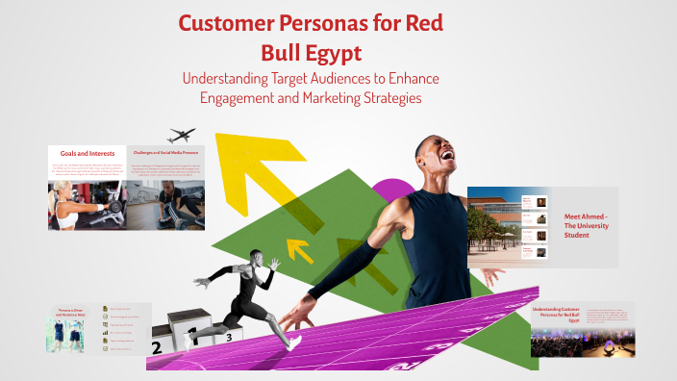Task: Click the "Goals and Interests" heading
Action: pos(87,153)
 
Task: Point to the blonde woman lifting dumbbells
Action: pos(69,205)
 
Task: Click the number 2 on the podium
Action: pos(156,348)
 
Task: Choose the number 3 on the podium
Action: pos(229,338)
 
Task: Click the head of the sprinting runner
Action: pos(255,257)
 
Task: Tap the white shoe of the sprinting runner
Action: pos(291,342)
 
